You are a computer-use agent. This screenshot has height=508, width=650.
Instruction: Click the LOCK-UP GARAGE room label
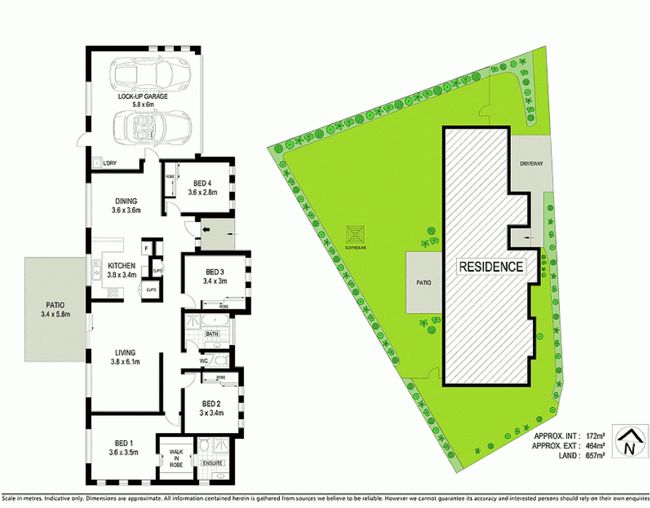tap(143, 96)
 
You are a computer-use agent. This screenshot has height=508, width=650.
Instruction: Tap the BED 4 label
tap(202, 183)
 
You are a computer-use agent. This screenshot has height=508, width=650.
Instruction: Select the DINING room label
tap(126, 201)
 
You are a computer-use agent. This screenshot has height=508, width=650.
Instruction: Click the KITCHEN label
tap(121, 266)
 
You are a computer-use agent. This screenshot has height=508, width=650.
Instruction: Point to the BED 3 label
tap(215, 272)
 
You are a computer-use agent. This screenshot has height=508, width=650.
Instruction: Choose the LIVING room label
tap(125, 353)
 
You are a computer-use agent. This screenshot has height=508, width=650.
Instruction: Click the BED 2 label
tap(211, 404)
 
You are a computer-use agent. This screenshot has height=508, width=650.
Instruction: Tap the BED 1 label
tap(124, 443)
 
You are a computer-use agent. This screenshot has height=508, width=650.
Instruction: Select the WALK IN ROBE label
tap(177, 458)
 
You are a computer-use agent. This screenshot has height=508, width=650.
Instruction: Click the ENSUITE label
tap(212, 463)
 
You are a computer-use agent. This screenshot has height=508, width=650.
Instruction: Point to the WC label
tap(204, 361)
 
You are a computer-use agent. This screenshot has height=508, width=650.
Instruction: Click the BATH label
tap(212, 334)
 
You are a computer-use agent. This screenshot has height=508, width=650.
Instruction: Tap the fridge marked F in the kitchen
tap(146, 248)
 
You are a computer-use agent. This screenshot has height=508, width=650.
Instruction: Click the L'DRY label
tap(110, 163)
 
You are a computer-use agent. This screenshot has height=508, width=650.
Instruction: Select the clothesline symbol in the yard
tap(355, 234)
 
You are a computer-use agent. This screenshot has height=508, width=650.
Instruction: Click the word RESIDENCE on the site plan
tap(491, 267)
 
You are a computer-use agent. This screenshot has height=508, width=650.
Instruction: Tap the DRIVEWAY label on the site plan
tap(531, 164)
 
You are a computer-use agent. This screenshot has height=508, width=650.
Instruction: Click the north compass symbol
tap(630, 441)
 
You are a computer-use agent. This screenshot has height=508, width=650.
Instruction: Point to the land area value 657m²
tap(595, 455)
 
